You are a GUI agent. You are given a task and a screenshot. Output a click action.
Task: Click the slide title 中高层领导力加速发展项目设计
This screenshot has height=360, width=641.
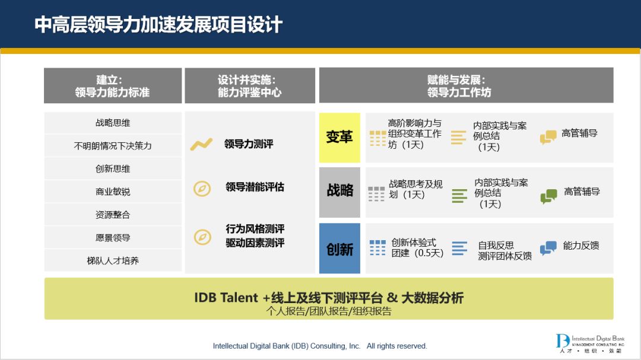click(158, 24)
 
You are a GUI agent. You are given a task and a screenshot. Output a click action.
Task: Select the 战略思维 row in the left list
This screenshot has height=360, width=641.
click(113, 123)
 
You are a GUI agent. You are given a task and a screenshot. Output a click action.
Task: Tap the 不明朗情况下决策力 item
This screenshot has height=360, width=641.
click(113, 146)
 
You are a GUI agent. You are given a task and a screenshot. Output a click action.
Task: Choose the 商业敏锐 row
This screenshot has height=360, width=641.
click(113, 192)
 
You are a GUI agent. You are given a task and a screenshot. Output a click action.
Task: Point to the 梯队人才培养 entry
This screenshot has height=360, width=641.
click(113, 261)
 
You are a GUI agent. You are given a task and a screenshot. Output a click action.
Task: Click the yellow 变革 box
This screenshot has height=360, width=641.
click(339, 138)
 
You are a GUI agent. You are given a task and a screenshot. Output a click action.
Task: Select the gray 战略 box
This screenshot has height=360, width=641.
click(339, 192)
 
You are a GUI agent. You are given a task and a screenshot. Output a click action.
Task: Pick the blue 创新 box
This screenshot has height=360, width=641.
click(339, 249)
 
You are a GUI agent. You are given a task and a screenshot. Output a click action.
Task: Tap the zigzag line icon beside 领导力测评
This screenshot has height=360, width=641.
click(202, 144)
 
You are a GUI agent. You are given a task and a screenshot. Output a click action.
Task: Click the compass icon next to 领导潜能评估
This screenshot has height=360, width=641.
click(202, 189)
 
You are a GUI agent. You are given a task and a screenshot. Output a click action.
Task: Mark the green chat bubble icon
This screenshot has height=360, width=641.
click(548, 196)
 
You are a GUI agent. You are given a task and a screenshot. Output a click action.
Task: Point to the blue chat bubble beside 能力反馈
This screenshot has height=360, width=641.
click(548, 248)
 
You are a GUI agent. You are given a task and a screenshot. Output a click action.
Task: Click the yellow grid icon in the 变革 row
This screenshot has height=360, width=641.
click(377, 139)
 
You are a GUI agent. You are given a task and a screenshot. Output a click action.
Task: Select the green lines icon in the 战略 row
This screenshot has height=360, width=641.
click(459, 196)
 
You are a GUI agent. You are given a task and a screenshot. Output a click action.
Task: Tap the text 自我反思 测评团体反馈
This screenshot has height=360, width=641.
click(505, 250)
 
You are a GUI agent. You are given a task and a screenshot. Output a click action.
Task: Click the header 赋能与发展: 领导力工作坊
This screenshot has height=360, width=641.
click(459, 86)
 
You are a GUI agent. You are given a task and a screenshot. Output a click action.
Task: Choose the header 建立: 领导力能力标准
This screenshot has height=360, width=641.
click(112, 86)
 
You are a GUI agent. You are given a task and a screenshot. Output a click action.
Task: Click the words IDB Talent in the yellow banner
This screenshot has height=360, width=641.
click(226, 298)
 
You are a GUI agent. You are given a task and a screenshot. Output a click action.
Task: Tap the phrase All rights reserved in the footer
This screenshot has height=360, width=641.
click(396, 346)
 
